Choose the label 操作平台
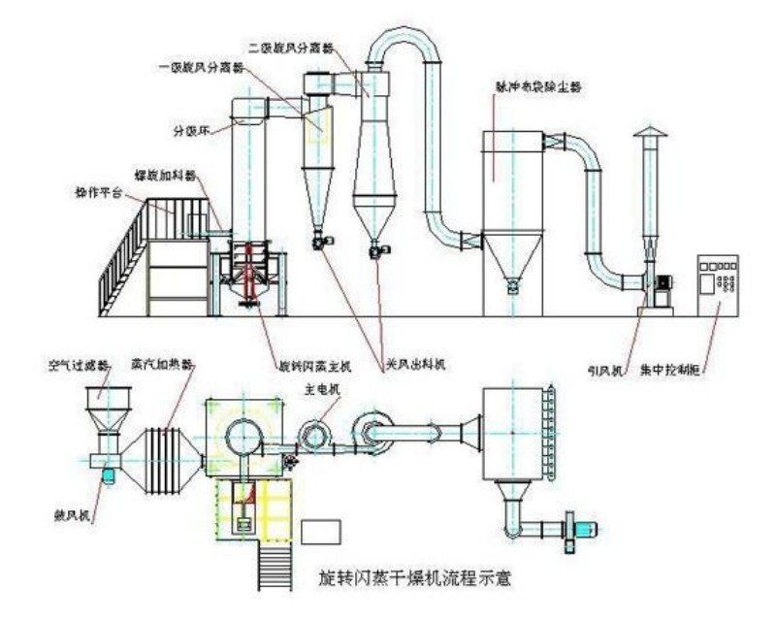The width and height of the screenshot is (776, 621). click(101, 192)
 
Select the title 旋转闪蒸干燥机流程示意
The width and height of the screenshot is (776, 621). click(428, 579)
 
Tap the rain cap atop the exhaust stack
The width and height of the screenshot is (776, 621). click(649, 135)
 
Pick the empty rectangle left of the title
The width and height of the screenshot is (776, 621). click(321, 532)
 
